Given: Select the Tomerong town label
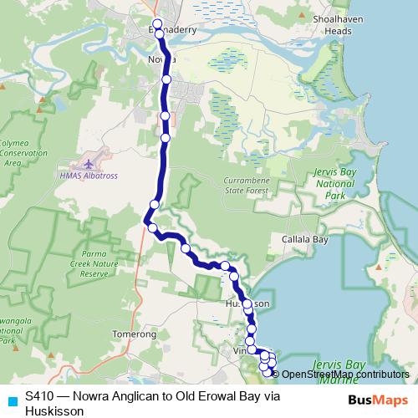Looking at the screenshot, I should click(134, 334).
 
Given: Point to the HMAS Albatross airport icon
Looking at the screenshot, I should click(90, 161).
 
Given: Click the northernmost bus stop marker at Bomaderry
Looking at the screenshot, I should click(157, 23).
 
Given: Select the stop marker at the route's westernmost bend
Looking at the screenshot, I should click(152, 227).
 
